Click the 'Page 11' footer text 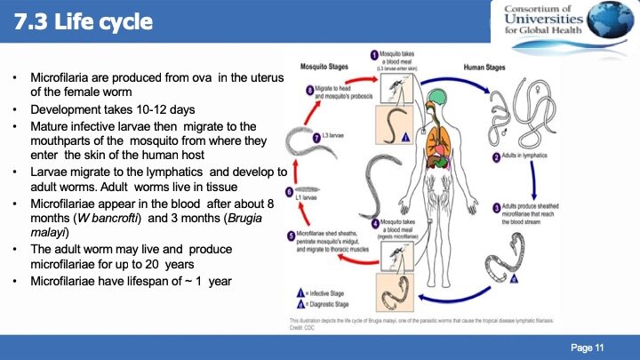pos(587,346)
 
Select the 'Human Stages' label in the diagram pos(508,65)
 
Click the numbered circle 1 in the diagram pos(374,56)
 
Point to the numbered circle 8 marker pos(309,90)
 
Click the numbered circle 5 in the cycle pos(291,235)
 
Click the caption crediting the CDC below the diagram pos(418,321)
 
